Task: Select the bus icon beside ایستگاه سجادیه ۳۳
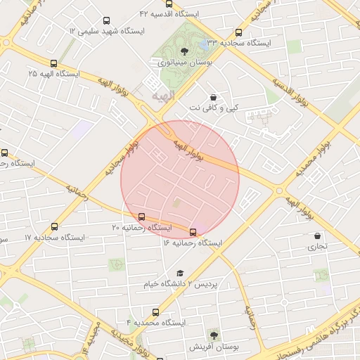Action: tap(239, 32)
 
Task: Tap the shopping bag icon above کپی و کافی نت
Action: tap(213, 97)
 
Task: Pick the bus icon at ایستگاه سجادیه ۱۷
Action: tap(55, 226)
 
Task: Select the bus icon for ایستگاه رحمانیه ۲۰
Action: tap(143, 217)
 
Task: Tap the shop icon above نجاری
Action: tap(318, 236)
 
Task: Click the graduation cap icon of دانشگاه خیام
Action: tap(180, 273)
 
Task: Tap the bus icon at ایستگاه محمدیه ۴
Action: tap(155, 311)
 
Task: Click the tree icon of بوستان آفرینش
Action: tap(214, 336)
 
